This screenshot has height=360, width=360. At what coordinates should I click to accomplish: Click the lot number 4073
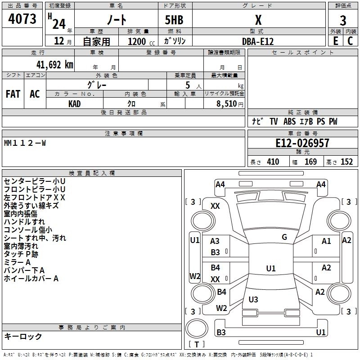tap(22, 19)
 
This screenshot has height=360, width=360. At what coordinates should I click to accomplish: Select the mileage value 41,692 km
tap(55, 65)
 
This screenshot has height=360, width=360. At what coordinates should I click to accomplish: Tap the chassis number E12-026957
tap(302, 143)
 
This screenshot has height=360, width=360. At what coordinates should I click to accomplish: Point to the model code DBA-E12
tap(258, 41)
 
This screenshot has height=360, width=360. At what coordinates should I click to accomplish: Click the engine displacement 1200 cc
tap(141, 41)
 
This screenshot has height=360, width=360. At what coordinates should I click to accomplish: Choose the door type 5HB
tap(174, 20)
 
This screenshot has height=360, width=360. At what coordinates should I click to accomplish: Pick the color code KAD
tap(74, 104)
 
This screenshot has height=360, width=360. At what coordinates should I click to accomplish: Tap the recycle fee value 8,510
tap(226, 103)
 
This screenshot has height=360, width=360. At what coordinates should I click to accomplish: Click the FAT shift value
tap(13, 94)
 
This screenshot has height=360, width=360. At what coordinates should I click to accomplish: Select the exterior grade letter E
tap(336, 41)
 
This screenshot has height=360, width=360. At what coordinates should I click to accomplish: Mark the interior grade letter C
tap(350, 41)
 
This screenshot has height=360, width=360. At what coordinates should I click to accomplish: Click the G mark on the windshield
tap(284, 237)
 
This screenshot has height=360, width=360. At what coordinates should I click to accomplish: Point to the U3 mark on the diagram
tap(253, 299)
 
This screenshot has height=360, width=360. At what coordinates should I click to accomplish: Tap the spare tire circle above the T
tap(197, 328)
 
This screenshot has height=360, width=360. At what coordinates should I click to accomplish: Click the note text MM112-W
tap(25, 143)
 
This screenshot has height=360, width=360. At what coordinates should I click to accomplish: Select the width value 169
tap(310, 162)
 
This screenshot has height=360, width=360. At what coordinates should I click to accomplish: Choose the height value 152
tap(346, 162)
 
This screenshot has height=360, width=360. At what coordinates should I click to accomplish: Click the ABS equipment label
tap(289, 121)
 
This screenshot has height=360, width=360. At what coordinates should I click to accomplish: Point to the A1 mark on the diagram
tap(326, 241)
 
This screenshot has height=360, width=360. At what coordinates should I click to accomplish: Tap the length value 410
tap(273, 162)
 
